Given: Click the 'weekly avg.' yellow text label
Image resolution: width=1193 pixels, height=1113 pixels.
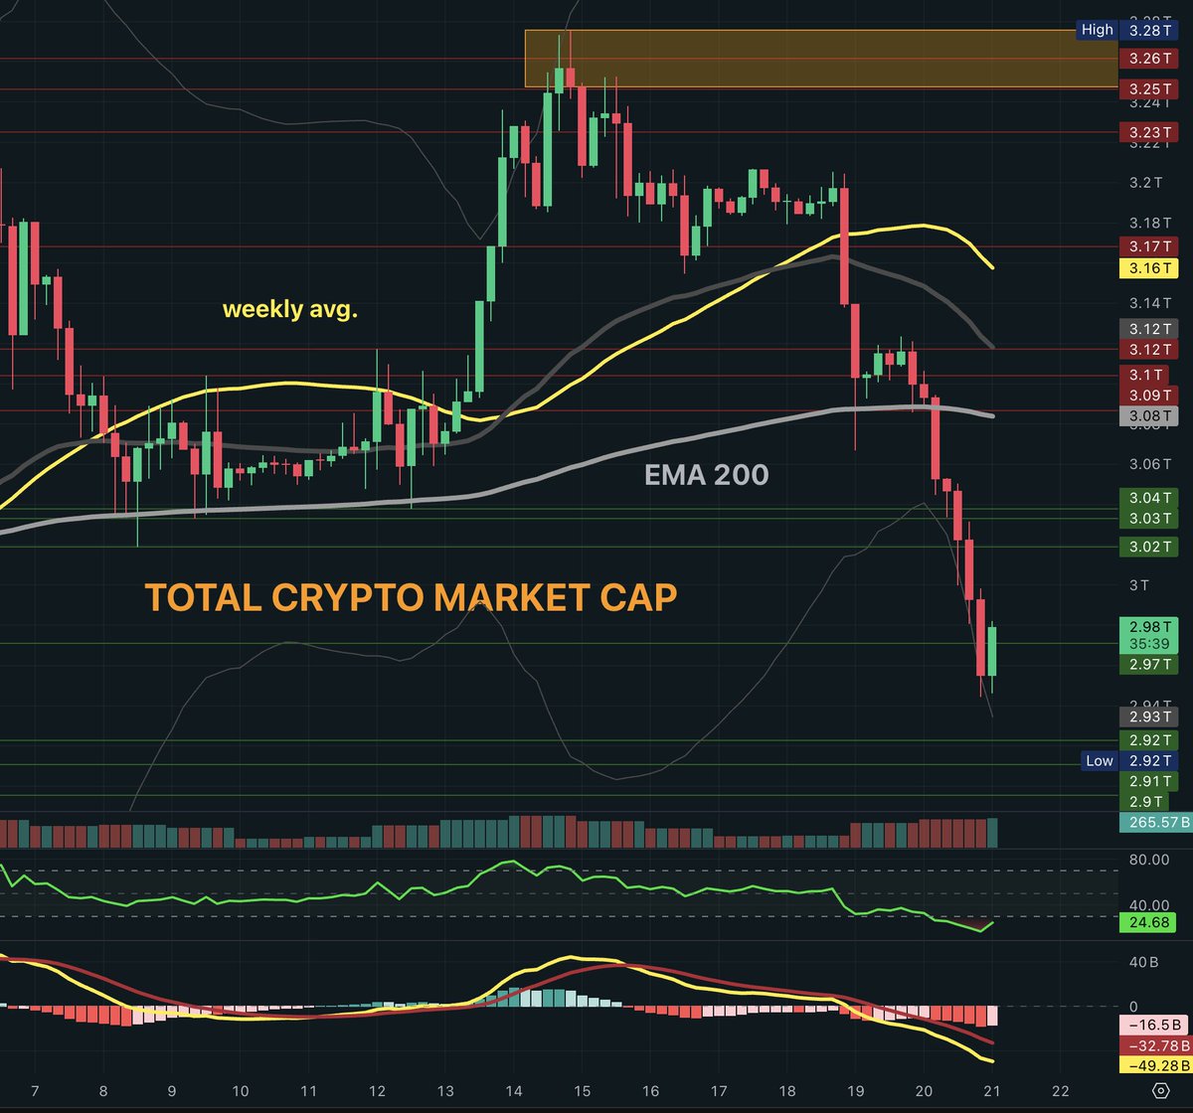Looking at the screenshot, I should [290, 310].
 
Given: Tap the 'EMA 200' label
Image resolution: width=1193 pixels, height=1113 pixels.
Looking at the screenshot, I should [706, 475].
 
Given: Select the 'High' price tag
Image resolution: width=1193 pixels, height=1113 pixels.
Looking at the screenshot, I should [1098, 30].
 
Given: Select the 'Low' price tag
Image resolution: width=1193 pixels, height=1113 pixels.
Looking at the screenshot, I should [1099, 760].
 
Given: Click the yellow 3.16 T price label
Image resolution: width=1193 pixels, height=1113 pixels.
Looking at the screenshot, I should [1148, 268].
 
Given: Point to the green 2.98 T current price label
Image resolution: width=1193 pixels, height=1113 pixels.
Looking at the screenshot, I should [1148, 625].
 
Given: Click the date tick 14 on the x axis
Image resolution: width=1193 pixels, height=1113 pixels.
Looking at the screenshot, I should [513, 1090].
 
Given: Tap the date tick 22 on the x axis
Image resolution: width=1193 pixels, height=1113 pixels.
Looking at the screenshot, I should [1061, 1090].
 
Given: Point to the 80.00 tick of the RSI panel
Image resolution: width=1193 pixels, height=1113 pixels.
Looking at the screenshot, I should [1143, 859].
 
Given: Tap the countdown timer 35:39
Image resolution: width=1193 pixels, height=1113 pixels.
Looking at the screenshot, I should [1148, 644].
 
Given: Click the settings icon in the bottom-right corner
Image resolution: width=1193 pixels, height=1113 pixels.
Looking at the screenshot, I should [1159, 1090].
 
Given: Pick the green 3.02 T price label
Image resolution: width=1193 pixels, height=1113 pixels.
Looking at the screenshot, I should [1148, 547].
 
